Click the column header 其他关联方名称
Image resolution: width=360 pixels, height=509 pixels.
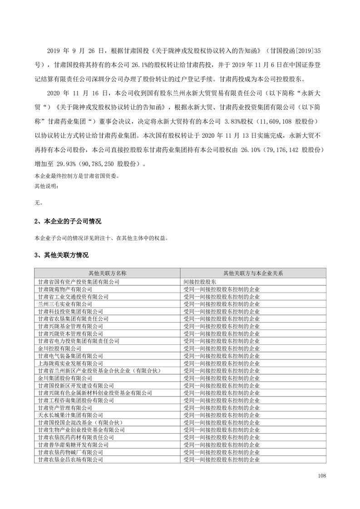click(108, 274)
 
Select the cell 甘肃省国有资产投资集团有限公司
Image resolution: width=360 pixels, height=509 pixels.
click(79, 281)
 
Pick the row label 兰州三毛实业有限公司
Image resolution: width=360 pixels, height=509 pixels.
click(65, 303)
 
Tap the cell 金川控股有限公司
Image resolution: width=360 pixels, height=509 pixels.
click(59, 348)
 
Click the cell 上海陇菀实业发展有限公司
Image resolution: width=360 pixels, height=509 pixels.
click(70, 363)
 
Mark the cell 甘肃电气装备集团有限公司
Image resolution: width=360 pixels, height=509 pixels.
click(70, 356)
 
